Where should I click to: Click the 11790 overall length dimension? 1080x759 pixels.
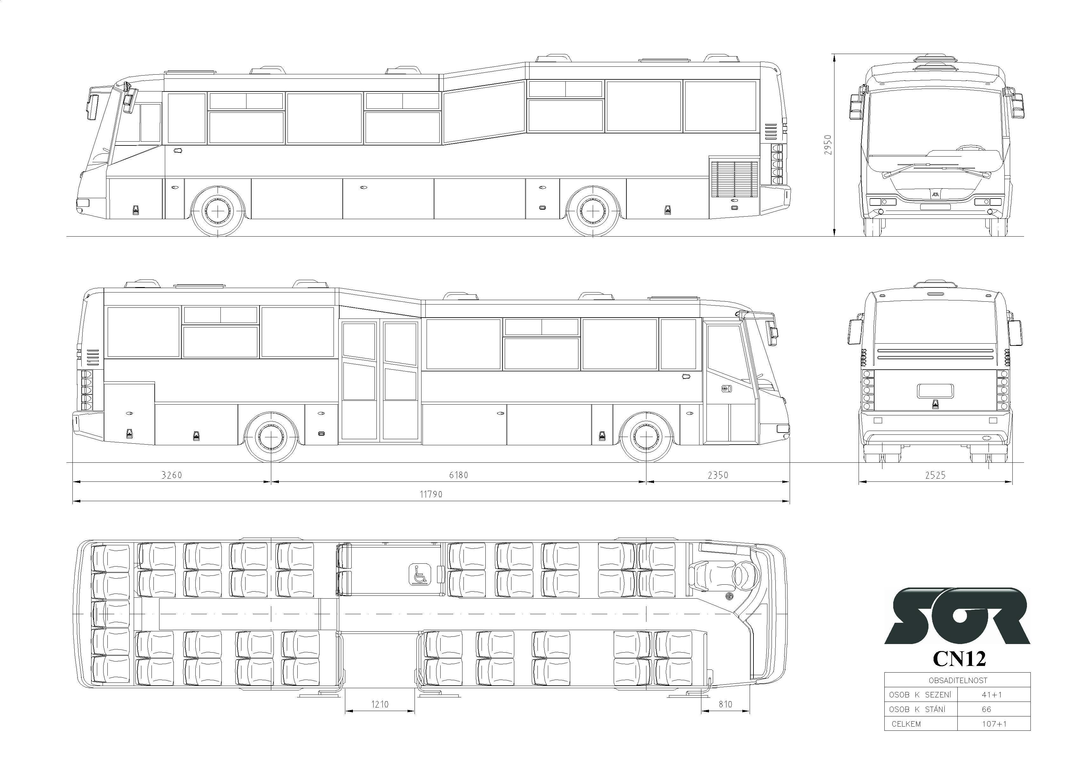[x=431, y=494]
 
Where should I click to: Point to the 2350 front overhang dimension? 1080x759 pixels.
[x=718, y=475]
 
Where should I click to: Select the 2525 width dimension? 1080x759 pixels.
[x=935, y=475]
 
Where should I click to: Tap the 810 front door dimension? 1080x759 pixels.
[x=725, y=704]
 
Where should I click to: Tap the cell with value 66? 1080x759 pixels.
[x=986, y=709]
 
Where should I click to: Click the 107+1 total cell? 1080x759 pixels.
[x=994, y=724]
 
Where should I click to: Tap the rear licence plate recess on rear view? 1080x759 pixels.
[x=935, y=391]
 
